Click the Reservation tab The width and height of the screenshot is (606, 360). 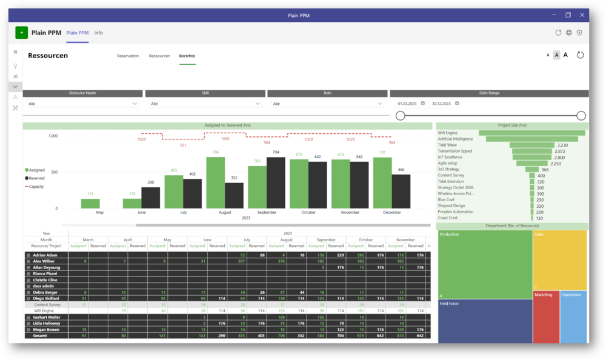(127, 56)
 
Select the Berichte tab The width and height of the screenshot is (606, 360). (187, 56)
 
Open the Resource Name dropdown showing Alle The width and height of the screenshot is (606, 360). (83, 104)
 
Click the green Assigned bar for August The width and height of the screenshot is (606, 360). (215, 182)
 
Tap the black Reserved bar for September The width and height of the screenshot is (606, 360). (276, 182)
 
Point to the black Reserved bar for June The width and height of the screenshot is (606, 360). (151, 198)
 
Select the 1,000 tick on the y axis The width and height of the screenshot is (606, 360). (53, 136)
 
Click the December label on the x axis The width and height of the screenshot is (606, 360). (391, 213)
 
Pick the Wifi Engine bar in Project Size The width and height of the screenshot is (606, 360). (531, 133)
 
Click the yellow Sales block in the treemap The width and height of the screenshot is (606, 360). (559, 261)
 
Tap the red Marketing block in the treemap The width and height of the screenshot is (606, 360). (545, 317)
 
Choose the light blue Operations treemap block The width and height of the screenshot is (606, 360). (573, 317)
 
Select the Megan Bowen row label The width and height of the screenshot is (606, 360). (46, 329)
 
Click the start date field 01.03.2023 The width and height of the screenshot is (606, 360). (408, 104)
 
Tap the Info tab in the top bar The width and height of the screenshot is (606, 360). (98, 33)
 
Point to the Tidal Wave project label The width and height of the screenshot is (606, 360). (447, 145)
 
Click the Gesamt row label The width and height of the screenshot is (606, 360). (41, 335)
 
